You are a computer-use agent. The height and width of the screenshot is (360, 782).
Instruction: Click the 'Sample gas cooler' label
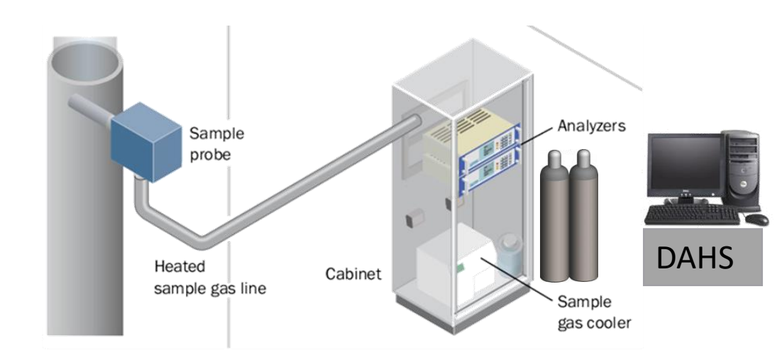coord(593,313)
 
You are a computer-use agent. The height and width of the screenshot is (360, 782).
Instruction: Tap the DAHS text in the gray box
coord(695,258)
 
